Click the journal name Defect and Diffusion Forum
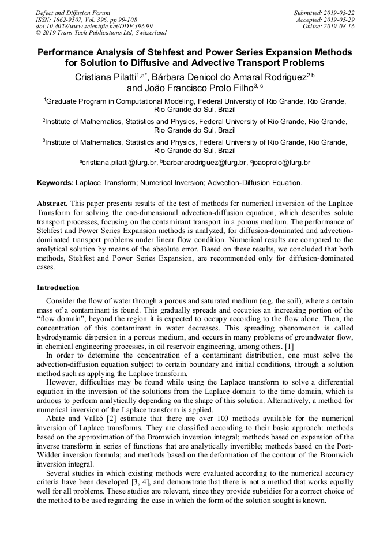(73, 13)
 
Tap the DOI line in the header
(94, 27)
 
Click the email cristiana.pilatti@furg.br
(119, 163)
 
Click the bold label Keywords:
(55, 183)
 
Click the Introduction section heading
(58, 288)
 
